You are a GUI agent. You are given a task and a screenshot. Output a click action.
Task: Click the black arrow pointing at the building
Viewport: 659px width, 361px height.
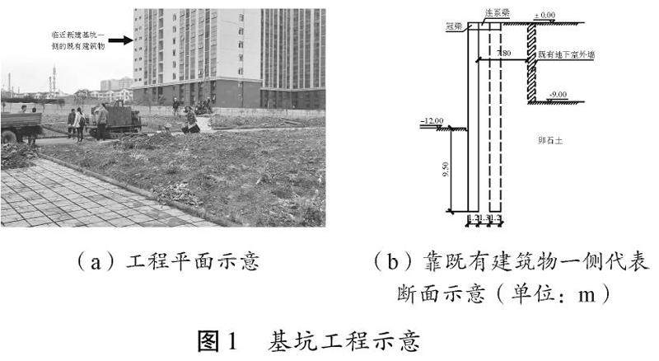(x=120, y=40)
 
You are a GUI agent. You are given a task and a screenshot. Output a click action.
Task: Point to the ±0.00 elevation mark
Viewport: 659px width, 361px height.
(x=545, y=16)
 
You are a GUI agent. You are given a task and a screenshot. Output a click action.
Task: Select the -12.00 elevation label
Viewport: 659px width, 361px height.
(x=431, y=122)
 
